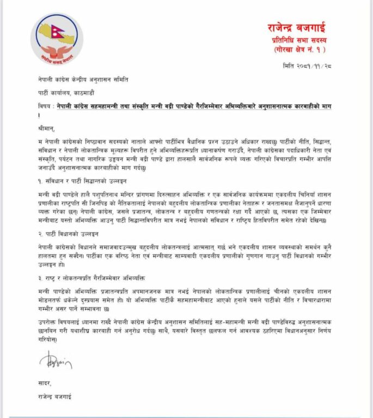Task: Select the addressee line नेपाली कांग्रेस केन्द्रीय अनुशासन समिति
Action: [75, 81]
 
